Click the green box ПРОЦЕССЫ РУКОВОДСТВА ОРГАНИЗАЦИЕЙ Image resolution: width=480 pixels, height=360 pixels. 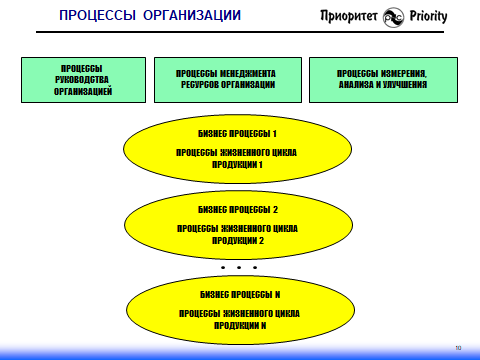(83, 80)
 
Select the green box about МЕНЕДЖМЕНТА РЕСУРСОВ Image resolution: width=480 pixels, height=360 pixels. (226, 80)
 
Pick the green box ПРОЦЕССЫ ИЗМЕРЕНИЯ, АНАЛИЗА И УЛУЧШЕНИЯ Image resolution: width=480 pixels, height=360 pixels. (382, 80)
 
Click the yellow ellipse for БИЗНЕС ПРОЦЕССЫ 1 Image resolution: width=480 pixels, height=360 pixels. (237, 149)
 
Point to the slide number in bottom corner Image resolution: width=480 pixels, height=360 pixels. (457, 347)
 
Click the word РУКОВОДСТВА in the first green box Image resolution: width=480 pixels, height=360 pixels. (83, 80)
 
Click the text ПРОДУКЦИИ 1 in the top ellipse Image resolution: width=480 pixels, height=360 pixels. (237, 165)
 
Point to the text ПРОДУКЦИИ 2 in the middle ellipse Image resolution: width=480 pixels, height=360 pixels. (237, 240)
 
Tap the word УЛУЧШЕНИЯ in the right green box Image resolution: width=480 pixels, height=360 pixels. (404, 85)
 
